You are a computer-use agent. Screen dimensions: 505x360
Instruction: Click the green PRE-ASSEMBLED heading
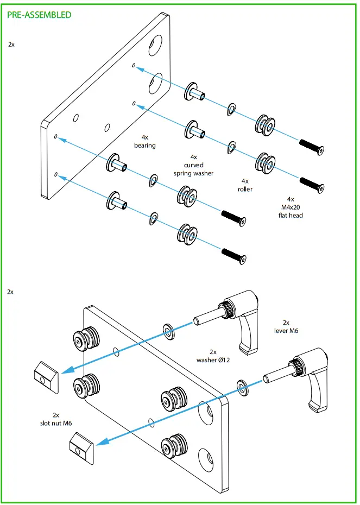pos(39,15)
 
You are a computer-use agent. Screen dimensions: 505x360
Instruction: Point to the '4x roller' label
pos(245,185)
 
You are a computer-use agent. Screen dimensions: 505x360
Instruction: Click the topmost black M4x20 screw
pos(312,146)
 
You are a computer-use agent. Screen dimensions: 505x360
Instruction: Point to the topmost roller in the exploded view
pos(265,125)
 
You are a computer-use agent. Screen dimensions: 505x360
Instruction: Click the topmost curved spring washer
pos(232,109)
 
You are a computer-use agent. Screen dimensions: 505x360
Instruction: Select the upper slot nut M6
pos(47,374)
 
